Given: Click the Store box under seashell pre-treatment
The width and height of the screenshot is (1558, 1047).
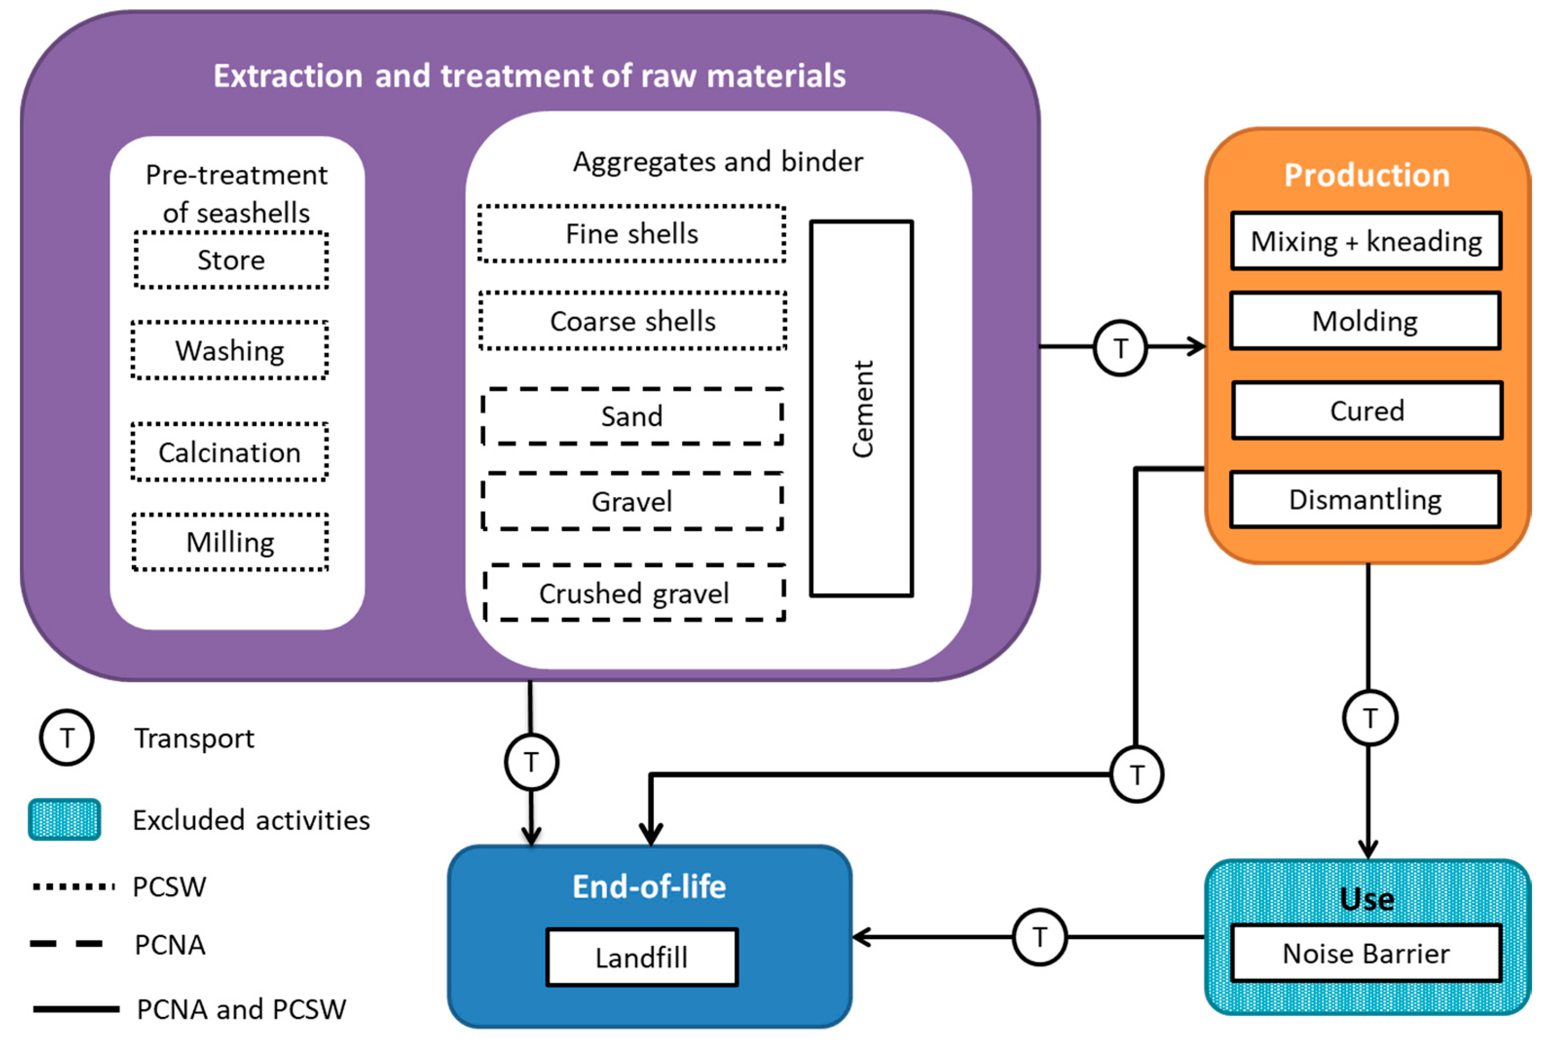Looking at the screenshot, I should click(x=231, y=260).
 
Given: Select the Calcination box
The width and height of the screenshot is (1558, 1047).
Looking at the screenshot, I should click(x=230, y=452).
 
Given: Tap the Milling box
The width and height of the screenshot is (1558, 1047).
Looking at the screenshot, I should click(x=230, y=542).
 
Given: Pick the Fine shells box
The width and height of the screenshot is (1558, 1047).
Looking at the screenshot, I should click(x=632, y=234).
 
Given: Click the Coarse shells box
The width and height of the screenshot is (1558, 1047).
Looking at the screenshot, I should click(x=632, y=321).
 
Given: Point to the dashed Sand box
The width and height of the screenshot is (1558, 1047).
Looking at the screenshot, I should click(x=632, y=416).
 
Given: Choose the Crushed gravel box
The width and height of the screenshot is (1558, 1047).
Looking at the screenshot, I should click(x=634, y=593).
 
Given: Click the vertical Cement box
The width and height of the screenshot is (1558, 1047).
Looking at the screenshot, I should click(x=861, y=408).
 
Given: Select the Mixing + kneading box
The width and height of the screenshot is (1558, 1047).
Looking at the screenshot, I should click(x=1366, y=241).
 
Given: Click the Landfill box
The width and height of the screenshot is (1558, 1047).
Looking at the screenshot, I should click(x=642, y=957).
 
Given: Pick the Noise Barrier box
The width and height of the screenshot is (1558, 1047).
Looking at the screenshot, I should click(x=1366, y=953).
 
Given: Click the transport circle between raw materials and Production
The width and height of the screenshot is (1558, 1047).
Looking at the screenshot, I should click(x=1120, y=347).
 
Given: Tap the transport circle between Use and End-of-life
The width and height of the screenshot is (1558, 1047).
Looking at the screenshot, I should click(x=1039, y=937).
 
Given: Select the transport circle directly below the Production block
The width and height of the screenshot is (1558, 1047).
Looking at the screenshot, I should click(x=1370, y=718).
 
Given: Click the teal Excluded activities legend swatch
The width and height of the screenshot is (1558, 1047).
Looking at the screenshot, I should click(x=64, y=819).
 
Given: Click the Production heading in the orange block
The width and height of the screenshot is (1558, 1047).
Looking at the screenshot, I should click(x=1367, y=175).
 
